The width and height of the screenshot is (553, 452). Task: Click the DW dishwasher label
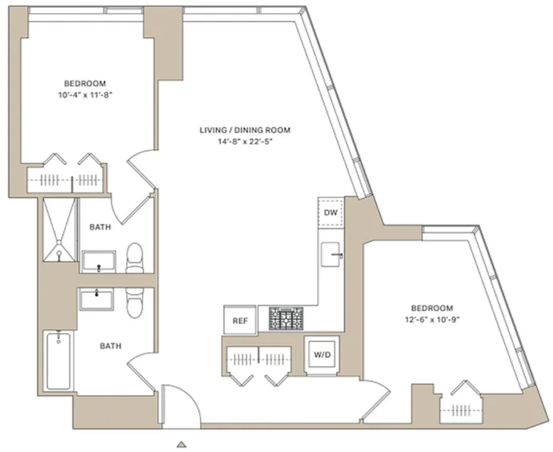pyautogui.click(x=331, y=212)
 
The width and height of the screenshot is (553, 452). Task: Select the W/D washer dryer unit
pyautogui.click(x=322, y=354)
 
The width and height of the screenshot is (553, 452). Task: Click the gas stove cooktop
pyautogui.click(x=286, y=318)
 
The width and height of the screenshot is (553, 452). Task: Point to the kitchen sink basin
pyautogui.click(x=331, y=254)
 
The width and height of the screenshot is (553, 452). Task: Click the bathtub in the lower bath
pyautogui.click(x=58, y=360)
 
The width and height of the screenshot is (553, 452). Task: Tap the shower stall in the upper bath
pyautogui.click(x=59, y=230)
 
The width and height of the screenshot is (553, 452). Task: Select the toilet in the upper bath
pyautogui.click(x=134, y=257)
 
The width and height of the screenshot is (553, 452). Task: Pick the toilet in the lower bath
pyautogui.click(x=134, y=303)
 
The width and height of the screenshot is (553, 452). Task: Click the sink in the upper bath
pyautogui.click(x=98, y=262)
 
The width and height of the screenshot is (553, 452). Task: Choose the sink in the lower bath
pyautogui.click(x=96, y=299)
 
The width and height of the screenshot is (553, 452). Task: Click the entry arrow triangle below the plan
pyautogui.click(x=181, y=444)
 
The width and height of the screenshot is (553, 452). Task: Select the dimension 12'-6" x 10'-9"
pyautogui.click(x=433, y=320)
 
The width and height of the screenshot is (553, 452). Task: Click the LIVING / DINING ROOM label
pyautogui.click(x=245, y=130)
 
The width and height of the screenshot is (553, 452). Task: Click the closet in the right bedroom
pyautogui.click(x=461, y=408)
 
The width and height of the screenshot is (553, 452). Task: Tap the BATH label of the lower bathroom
pyautogui.click(x=110, y=346)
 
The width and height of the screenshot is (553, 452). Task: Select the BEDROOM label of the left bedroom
pyautogui.click(x=85, y=84)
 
